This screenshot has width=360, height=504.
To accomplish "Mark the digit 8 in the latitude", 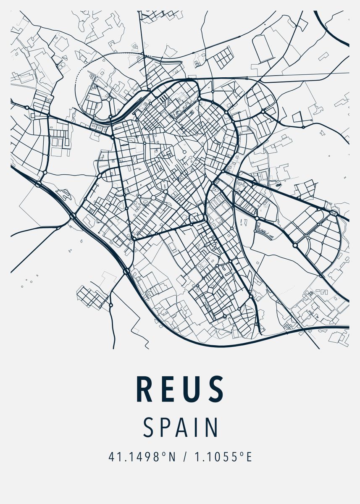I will click(x=156, y=457).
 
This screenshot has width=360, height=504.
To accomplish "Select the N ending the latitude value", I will click(x=171, y=457).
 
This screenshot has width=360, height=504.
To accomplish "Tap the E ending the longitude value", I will click(x=249, y=457).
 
